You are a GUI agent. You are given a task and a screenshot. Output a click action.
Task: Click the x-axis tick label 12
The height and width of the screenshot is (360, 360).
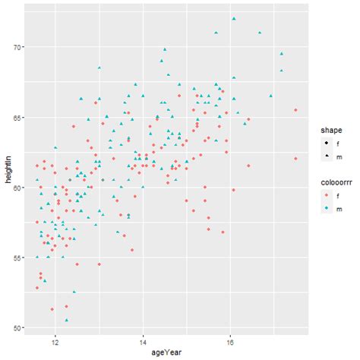[55, 342]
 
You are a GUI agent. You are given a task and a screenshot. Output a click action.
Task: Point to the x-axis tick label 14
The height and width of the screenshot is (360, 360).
[143, 342]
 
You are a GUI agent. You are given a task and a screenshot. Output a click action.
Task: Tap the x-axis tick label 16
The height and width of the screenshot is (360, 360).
[231, 342]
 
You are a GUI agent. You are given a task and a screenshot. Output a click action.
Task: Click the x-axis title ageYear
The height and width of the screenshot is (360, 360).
[166, 353]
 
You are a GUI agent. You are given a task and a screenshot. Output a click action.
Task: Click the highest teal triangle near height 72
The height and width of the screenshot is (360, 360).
[234, 19]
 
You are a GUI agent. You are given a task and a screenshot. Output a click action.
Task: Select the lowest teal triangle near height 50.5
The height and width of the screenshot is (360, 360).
[67, 320]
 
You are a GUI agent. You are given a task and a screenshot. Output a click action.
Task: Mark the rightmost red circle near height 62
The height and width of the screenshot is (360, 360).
[295, 159]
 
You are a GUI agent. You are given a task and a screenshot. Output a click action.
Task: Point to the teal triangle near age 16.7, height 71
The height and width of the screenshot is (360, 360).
[260, 33]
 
